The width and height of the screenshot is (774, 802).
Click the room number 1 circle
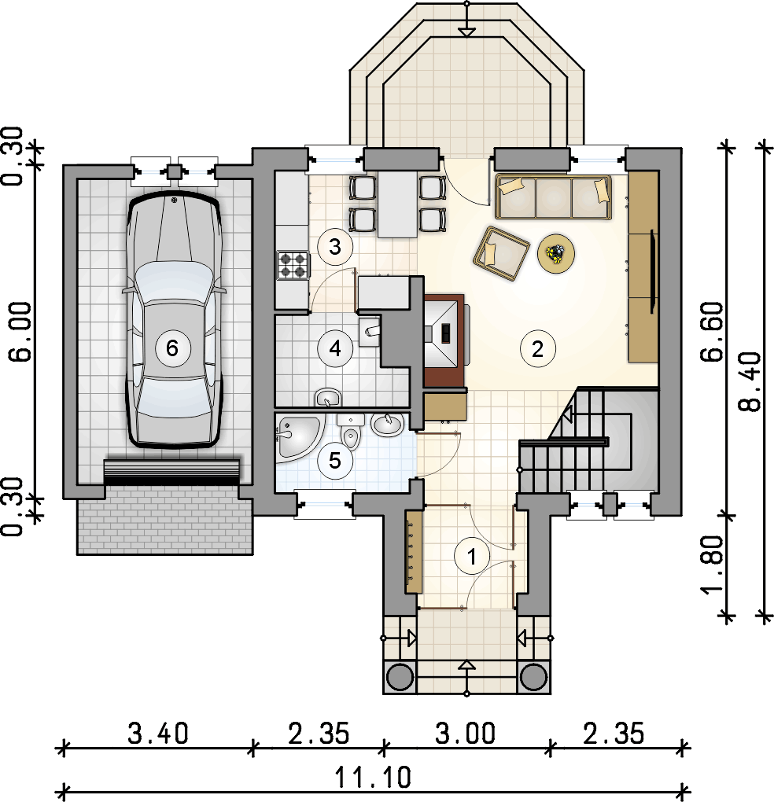click(472, 556)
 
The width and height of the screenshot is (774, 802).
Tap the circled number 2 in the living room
click(538, 349)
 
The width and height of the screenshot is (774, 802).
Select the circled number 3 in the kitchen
click(335, 247)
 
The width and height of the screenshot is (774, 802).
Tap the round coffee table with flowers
click(556, 253)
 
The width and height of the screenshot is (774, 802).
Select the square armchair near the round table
click(501, 254)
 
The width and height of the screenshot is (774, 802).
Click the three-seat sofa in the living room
click(553, 197)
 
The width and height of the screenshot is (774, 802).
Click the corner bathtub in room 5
click(299, 438)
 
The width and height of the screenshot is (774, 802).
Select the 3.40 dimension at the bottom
click(158, 734)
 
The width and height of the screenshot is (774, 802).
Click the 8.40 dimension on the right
click(750, 381)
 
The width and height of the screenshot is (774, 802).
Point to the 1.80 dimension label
click(713, 565)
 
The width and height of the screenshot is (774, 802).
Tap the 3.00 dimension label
click(466, 734)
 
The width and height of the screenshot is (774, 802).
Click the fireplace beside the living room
click(444, 337)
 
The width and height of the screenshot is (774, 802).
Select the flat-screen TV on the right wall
click(653, 271)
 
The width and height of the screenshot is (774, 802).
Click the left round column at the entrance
click(400, 677)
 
